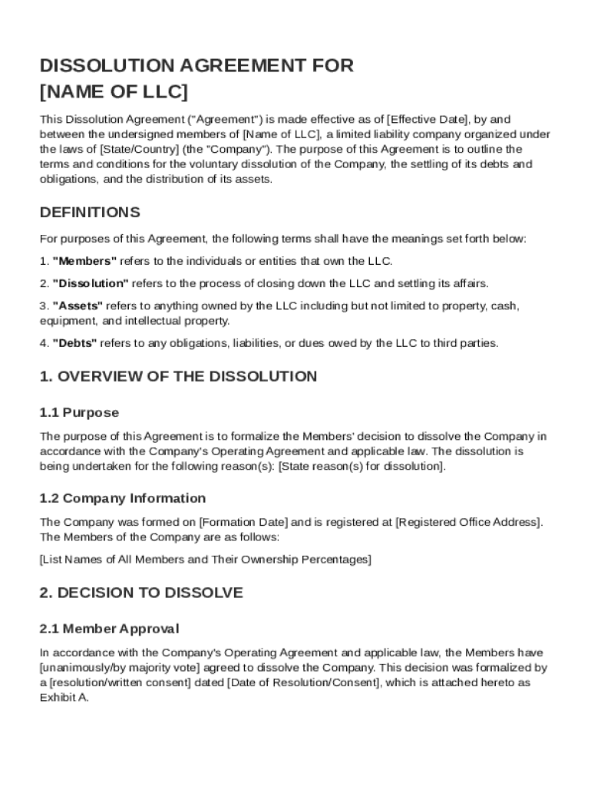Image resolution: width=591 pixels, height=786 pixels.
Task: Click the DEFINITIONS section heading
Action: pos(90,212)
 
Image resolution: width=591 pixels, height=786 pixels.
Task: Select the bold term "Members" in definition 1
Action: pos(84,261)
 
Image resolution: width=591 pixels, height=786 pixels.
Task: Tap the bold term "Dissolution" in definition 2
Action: pos(91,283)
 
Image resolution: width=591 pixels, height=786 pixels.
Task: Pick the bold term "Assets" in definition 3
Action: pos(78,305)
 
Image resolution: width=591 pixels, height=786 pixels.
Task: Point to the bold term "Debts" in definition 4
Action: pos(74,343)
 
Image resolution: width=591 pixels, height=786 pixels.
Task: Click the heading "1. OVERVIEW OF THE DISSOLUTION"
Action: pos(178,376)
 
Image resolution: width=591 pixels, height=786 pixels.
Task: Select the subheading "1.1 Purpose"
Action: pos(79,413)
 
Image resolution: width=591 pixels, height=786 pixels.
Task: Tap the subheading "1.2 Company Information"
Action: pos(123,498)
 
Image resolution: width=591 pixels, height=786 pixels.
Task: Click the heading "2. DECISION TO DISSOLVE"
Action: pos(141,593)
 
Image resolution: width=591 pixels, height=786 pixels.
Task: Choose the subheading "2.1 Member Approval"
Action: pos(109,629)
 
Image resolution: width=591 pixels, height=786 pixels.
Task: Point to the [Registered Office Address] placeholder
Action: pos(468,522)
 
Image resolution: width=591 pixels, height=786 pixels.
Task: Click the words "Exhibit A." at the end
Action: pos(64,698)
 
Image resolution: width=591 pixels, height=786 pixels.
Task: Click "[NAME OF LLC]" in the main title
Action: pos(114,93)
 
